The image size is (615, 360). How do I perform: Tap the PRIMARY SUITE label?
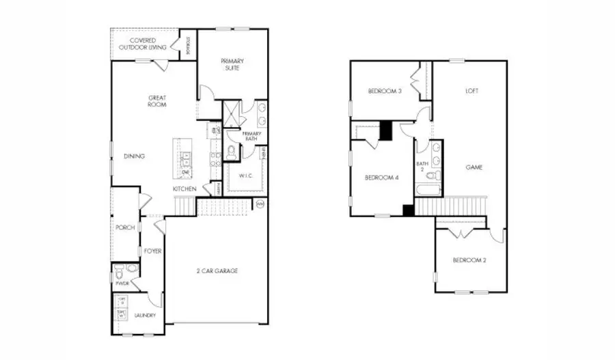click(x=232, y=64)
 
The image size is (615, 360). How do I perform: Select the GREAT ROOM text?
click(x=157, y=102)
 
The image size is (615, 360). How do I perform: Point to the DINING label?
click(x=134, y=156)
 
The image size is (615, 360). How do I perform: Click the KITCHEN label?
click(x=184, y=189)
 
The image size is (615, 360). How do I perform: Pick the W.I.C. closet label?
click(x=245, y=176)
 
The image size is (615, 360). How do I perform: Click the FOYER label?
click(x=152, y=251)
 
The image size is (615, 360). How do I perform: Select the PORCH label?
click(x=124, y=227)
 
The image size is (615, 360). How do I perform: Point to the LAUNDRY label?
click(x=145, y=316)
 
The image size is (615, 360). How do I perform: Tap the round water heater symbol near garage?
click(x=260, y=204)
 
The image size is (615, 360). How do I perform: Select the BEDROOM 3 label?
click(x=383, y=91)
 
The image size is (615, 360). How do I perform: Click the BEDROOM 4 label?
click(x=381, y=178)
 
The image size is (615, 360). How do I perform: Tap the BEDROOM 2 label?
click(x=469, y=260)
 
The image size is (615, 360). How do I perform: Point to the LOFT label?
click(x=471, y=90)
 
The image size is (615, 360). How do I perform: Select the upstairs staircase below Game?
click(x=450, y=206)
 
